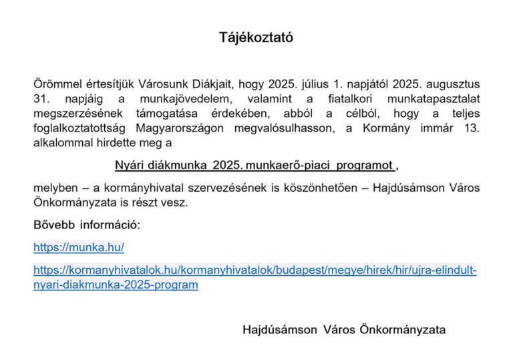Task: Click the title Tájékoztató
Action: coord(256,38)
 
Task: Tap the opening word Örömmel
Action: coord(55,85)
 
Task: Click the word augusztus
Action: coord(453,85)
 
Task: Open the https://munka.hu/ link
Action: coord(79,248)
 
